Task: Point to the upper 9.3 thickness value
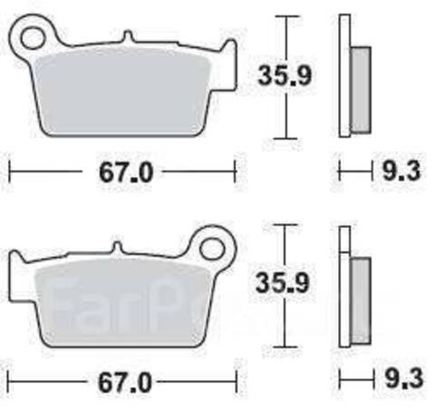click(400, 171)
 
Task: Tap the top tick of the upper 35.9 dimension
click(285, 17)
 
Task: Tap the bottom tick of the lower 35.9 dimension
click(285, 347)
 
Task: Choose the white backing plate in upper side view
click(344, 77)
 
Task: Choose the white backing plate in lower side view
click(344, 290)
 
